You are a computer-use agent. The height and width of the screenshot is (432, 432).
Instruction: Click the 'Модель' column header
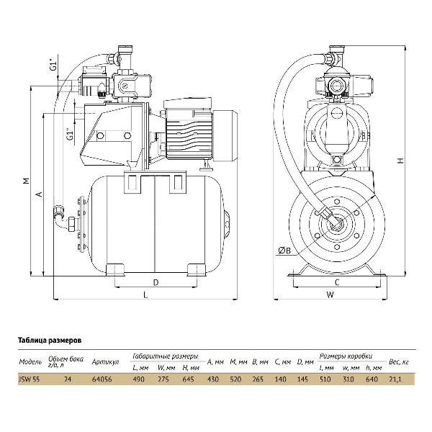tap(30, 362)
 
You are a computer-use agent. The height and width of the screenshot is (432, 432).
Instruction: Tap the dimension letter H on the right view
tap(401, 161)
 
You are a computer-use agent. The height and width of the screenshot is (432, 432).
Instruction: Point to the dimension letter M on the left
tap(25, 181)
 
